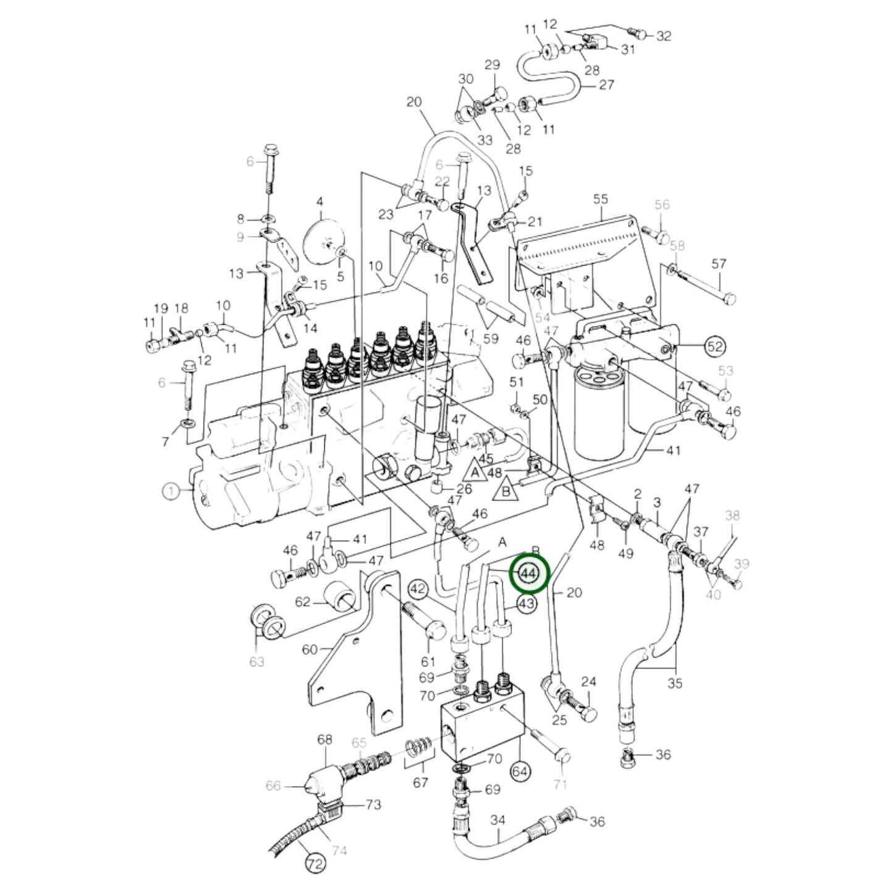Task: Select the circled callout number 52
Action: tap(714, 347)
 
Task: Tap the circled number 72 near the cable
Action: tap(315, 863)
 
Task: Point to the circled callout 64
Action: tap(520, 771)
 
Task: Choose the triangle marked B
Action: tap(505, 491)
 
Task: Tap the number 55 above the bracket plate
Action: tap(600, 199)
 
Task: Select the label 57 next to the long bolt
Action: tap(719, 264)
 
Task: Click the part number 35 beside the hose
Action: tap(675, 683)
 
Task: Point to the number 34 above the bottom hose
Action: tap(498, 820)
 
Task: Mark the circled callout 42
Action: tap(419, 588)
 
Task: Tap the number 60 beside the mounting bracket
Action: tap(310, 649)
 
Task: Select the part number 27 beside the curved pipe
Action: tap(607, 84)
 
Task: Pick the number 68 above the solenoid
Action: tap(325, 739)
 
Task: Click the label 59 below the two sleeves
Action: tap(491, 339)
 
